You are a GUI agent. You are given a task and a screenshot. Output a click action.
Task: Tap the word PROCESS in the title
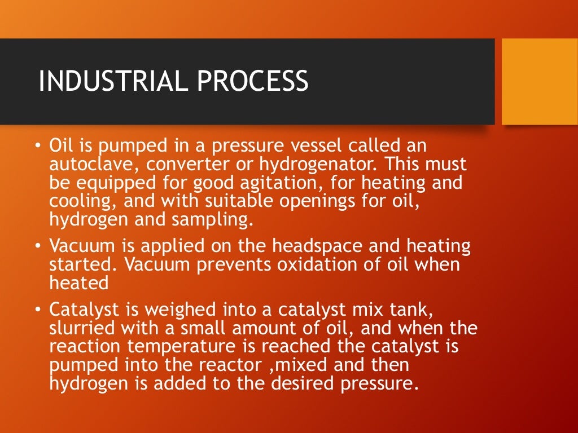pos(252,81)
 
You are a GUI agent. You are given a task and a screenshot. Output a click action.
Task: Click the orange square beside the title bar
pos(540,81)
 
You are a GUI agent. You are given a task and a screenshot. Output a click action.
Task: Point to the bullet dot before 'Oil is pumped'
pos(37,146)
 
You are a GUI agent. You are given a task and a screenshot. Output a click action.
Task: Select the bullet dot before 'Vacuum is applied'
pos(37,246)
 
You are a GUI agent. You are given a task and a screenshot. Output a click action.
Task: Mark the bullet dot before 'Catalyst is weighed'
pos(37,310)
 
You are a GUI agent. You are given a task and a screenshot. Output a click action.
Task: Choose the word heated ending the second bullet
pos(78,282)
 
